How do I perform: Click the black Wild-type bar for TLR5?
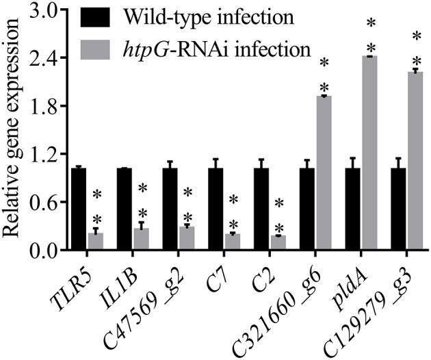(x=79, y=209)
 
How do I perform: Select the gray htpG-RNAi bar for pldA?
(x=369, y=153)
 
